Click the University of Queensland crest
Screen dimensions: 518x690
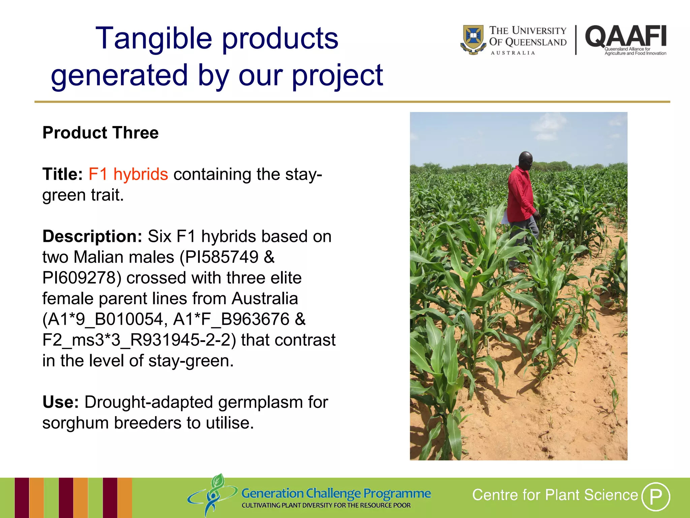coord(473,39)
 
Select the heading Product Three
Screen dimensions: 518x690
coord(100,133)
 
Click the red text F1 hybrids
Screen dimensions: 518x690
coord(128,174)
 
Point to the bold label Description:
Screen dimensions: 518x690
coord(92,236)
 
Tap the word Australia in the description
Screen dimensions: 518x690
coord(265,298)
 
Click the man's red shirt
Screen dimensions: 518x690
coord(520,196)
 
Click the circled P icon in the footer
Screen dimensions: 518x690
coord(655,496)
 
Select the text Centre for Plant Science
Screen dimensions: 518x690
coord(555,495)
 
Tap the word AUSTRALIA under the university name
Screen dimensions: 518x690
coord(512,53)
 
